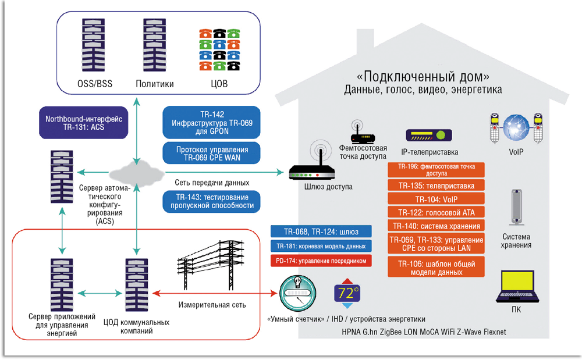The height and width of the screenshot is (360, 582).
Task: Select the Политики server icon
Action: coord(155,47)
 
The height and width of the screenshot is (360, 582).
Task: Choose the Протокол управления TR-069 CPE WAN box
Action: coord(212,154)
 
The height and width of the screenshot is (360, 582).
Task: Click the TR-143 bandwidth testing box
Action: coord(212,202)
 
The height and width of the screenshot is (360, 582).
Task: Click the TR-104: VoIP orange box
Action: coord(436,199)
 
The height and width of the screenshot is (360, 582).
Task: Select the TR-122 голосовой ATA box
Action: coord(436,212)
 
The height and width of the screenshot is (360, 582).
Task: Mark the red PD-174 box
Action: coord(321,261)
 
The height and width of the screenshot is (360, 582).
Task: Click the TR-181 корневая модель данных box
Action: coord(321,247)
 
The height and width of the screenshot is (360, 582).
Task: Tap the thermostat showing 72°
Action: coord(347,294)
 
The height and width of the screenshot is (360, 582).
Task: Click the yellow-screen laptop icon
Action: coord(516,287)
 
